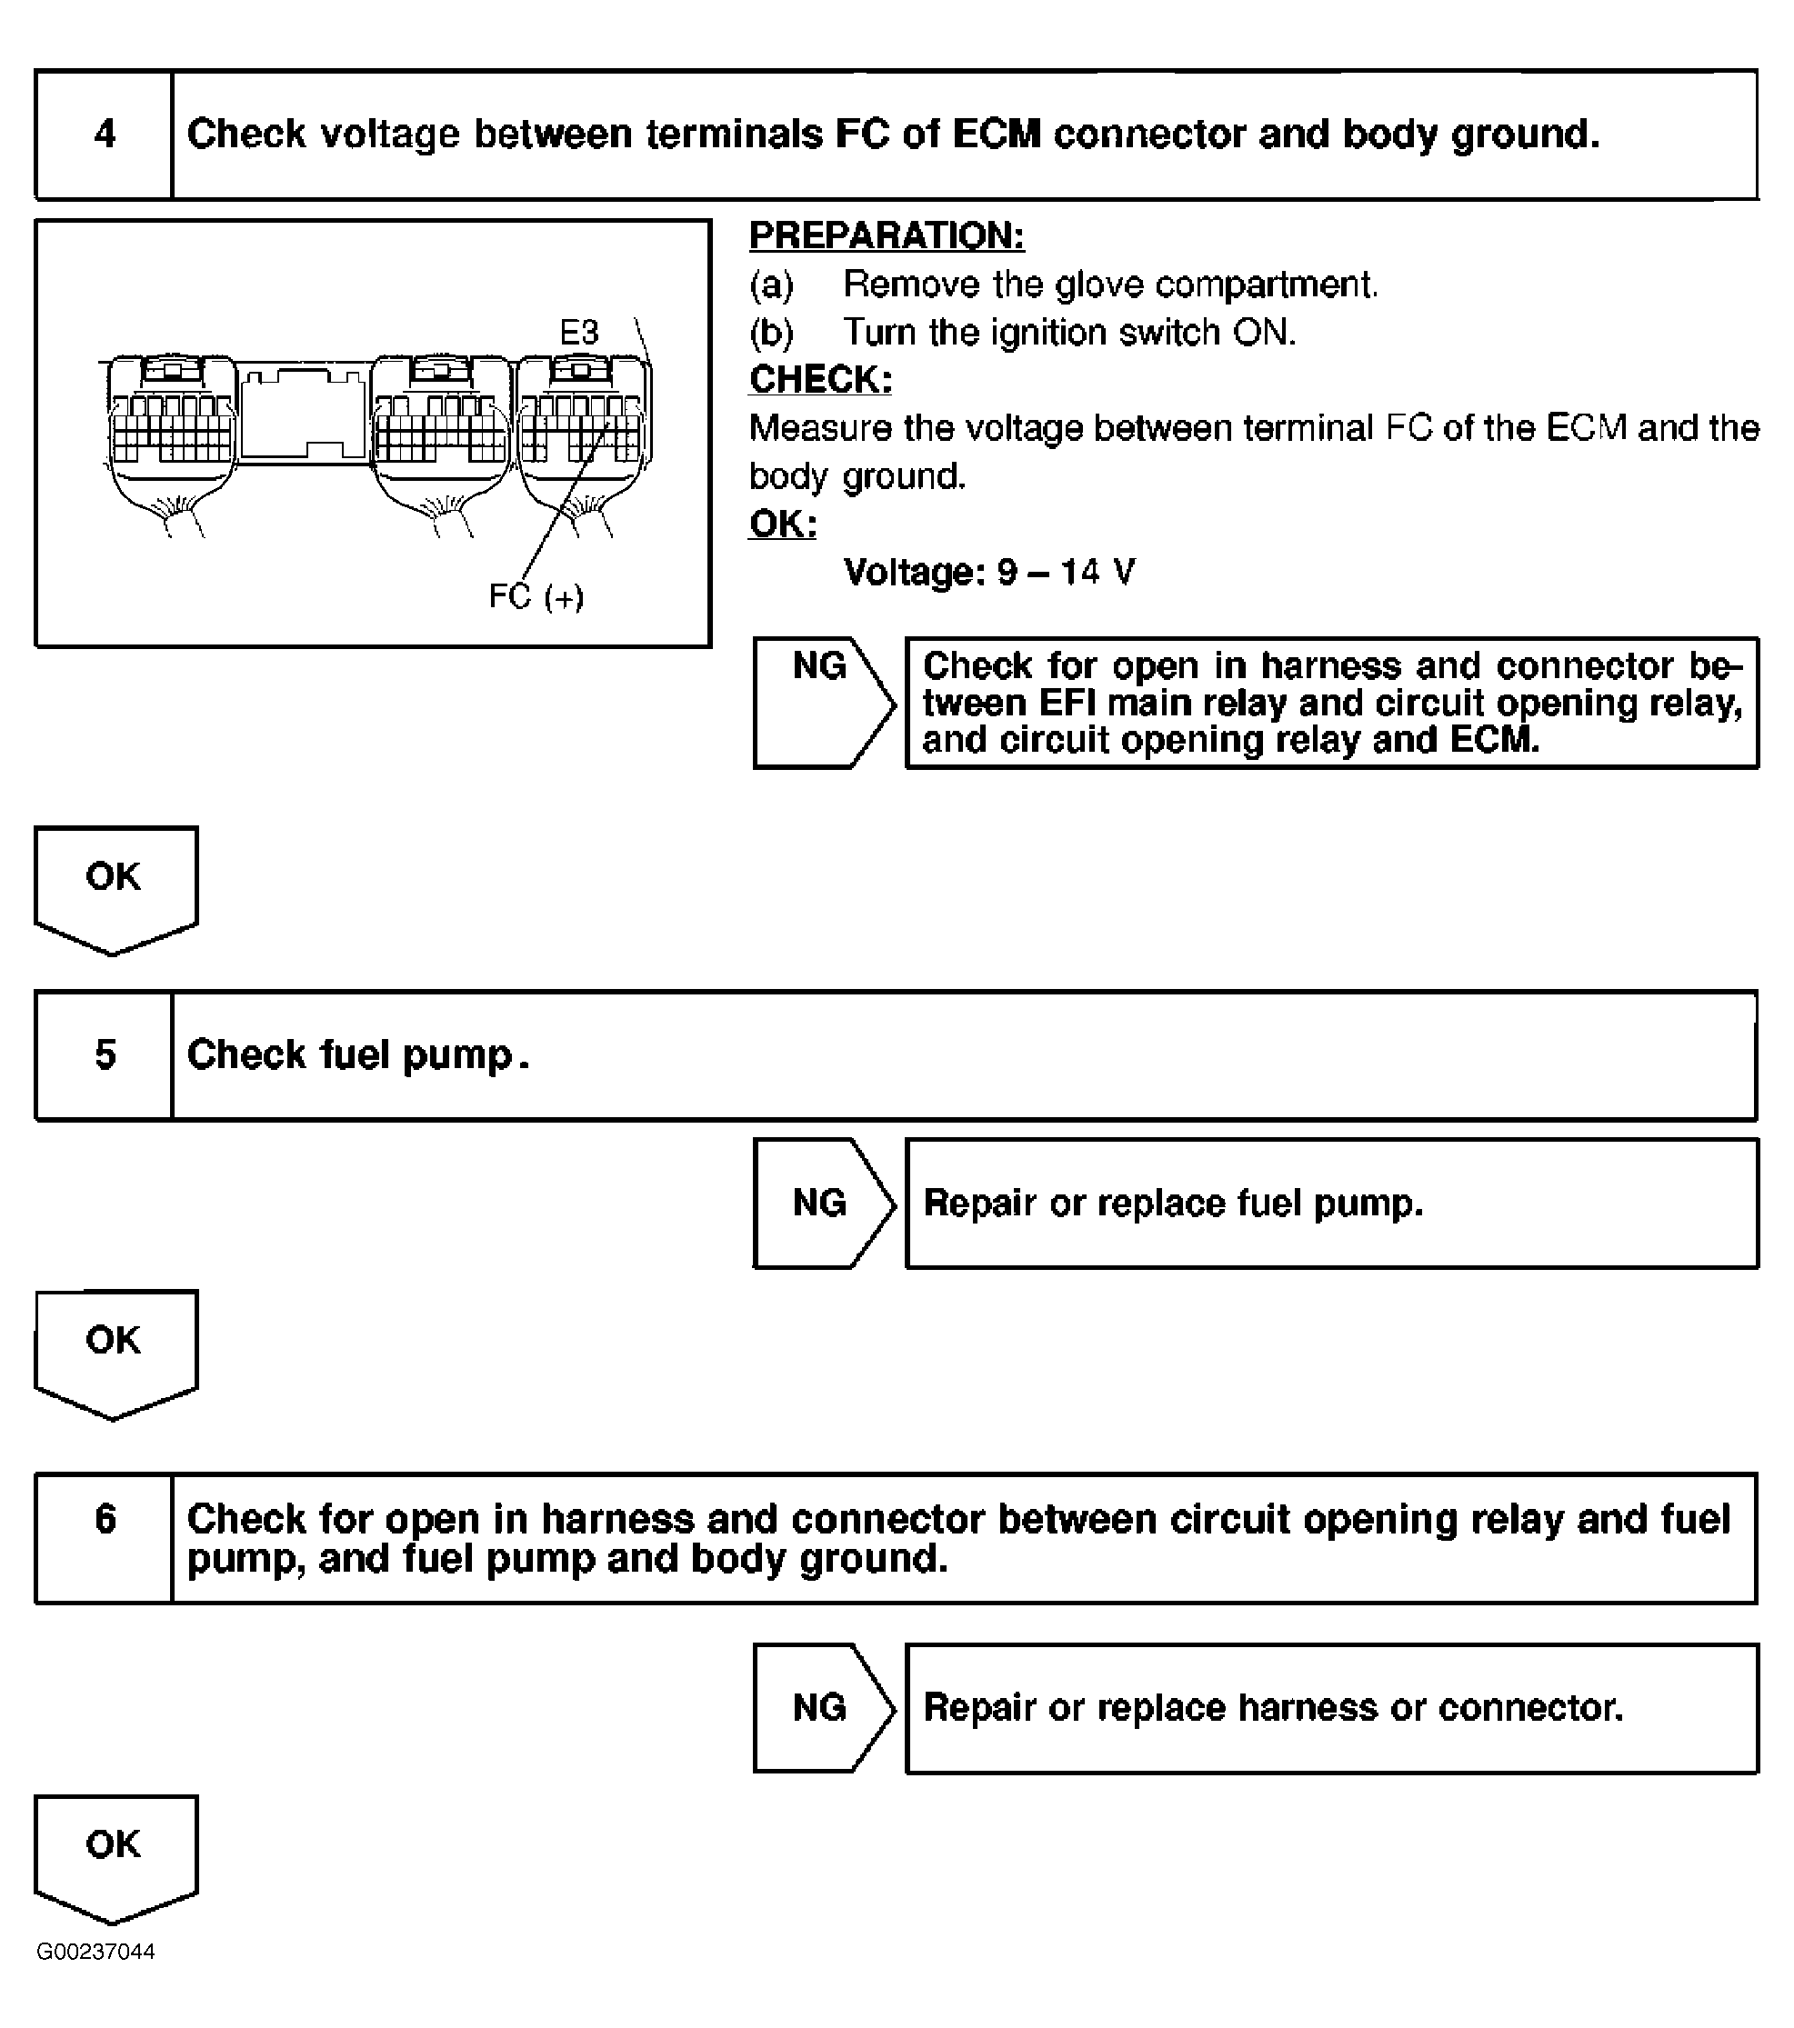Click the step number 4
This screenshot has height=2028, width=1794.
tap(105, 134)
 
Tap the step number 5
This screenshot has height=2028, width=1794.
tap(105, 1054)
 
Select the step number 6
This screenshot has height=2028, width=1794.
tap(105, 1519)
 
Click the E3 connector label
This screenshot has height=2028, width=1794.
tap(579, 333)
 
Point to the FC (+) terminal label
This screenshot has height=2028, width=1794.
tap(536, 596)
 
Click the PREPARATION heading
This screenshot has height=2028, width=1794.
tap(886, 236)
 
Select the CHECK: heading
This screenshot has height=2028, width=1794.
tap(820, 380)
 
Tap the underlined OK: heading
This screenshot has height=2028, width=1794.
tap(783, 524)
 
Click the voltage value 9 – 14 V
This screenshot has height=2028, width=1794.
tap(1067, 573)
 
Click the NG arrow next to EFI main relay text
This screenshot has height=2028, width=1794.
tap(822, 703)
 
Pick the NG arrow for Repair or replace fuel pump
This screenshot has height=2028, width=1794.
tap(822, 1203)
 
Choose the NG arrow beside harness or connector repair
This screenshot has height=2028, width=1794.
tap(822, 1706)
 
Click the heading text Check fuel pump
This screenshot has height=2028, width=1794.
tap(357, 1054)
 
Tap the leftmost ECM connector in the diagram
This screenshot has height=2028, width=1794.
tap(171, 426)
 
